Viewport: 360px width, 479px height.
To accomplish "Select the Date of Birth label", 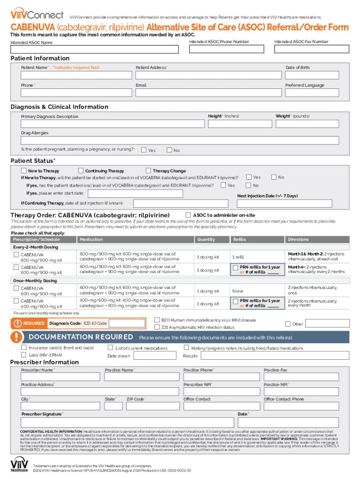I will (x=298, y=68).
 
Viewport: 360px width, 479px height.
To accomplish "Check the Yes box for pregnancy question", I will (x=144, y=150).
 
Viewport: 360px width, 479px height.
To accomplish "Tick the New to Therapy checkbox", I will (x=24, y=171).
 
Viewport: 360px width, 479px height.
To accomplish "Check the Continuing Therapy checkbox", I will (x=81, y=171).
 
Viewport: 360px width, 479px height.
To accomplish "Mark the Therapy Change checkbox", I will (x=149, y=171).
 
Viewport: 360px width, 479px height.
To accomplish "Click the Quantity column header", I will (x=206, y=239).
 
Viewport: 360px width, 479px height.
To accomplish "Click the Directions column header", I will (x=298, y=239).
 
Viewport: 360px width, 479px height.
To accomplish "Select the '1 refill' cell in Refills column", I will (x=238, y=257).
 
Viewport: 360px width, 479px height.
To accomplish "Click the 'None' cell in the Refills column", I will (x=238, y=291).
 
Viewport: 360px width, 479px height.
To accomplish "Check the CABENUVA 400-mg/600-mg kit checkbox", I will (x=16, y=301).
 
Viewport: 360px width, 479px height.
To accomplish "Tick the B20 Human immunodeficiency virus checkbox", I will (x=157, y=320).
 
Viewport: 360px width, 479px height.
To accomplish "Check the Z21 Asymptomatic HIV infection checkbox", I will (x=157, y=327).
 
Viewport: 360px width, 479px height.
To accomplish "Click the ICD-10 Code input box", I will (x=130, y=323).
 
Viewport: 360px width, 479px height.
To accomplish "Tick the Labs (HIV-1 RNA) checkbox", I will (x=24, y=355).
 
